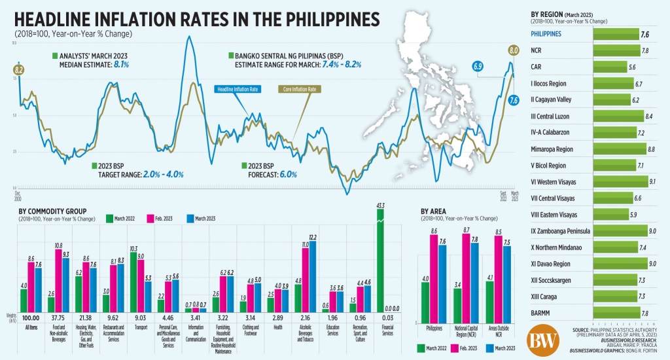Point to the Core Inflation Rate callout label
coord(299,89)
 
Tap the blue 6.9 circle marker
coord(477,66)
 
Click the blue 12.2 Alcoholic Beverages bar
coord(312,277)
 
